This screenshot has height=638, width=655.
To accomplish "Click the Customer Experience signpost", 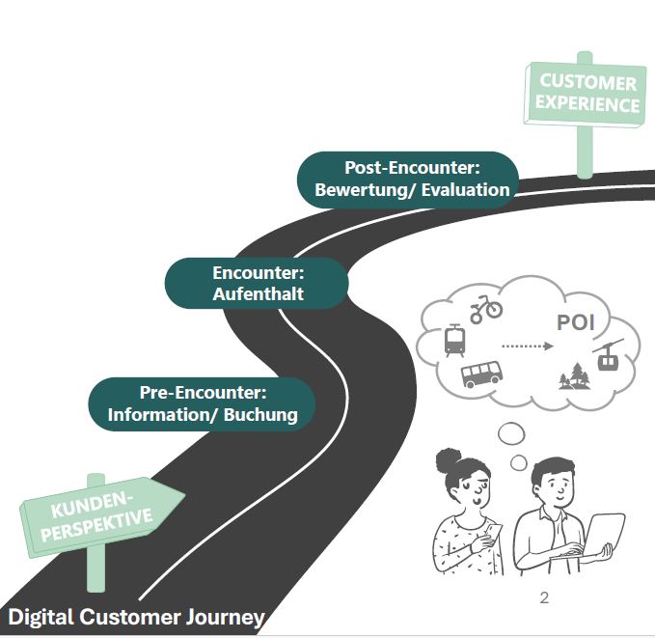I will click(x=584, y=95).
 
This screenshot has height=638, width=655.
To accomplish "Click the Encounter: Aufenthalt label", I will click(x=258, y=283).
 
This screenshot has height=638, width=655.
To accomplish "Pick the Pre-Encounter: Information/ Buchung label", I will click(x=203, y=403).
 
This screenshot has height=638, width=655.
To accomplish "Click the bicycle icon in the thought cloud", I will click(x=486, y=309).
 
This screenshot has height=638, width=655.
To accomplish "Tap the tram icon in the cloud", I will click(x=453, y=340).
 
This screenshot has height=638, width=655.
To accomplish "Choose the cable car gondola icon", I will click(x=608, y=358).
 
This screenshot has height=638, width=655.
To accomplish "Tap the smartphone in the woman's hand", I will click(x=492, y=530).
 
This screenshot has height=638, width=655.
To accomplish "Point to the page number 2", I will click(x=544, y=597).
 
